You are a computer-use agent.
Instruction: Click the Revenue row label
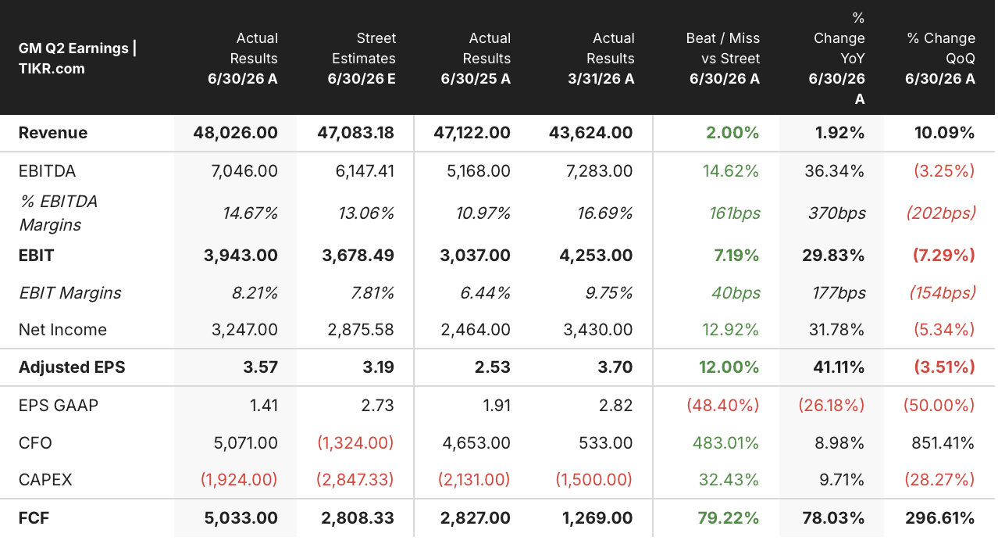coord(53,133)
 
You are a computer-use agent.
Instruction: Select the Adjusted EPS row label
coord(72,367)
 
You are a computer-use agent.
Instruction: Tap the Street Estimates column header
coord(362,59)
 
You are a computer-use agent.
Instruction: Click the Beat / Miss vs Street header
coord(722,59)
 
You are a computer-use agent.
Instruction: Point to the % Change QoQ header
coord(940,59)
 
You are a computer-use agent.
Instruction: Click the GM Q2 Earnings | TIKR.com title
coord(77,59)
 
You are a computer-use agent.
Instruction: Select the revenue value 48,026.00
coord(235,133)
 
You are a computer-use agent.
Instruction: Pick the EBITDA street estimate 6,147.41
coord(365,171)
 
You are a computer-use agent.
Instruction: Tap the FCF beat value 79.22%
coord(728,518)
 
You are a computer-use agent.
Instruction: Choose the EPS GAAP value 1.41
coord(264,406)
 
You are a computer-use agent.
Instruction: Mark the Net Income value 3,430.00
coord(598,330)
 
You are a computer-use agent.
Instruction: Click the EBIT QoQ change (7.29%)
coord(944,256)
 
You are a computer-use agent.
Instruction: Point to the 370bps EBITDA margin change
coord(837,213)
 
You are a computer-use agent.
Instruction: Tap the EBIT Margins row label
coord(70,293)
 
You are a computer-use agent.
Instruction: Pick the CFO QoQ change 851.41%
coord(943,442)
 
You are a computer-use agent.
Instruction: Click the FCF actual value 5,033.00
coord(241,518)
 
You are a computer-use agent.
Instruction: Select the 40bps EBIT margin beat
coord(736,293)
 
